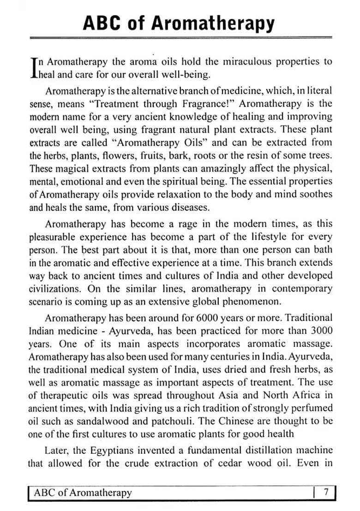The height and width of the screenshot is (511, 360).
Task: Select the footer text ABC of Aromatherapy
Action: click(x=83, y=493)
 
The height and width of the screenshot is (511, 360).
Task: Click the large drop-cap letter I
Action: click(x=32, y=68)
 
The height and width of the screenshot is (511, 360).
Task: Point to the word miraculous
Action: click(x=245, y=62)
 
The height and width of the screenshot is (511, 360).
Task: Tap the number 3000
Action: click(x=321, y=331)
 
